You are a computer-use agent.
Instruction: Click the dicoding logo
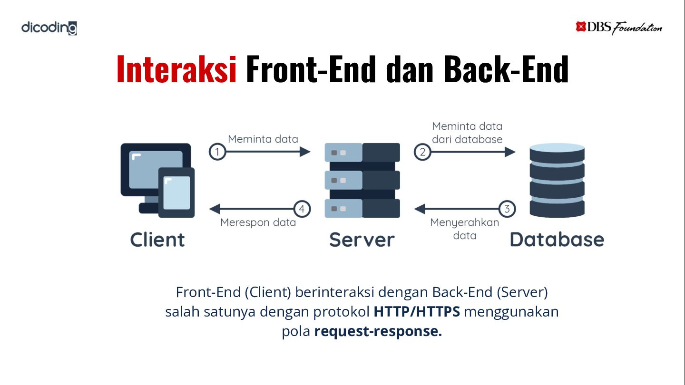tap(49, 28)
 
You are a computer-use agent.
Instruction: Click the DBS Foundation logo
tap(619, 28)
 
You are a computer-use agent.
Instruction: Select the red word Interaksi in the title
tap(177, 69)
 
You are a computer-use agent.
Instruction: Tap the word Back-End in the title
tap(506, 69)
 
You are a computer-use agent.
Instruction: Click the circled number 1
tap(217, 152)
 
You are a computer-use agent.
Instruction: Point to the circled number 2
tap(422, 152)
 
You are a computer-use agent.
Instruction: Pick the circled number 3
tap(507, 209)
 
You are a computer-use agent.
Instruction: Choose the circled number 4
tap(302, 209)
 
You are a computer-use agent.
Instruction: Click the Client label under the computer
tap(157, 240)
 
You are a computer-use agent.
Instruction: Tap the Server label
tap(362, 240)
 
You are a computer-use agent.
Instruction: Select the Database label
tap(557, 240)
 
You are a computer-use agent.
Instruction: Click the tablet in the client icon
tap(176, 192)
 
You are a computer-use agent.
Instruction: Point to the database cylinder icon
tap(557, 180)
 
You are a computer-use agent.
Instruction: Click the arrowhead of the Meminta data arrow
tap(305, 152)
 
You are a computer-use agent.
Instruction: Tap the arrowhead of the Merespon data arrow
tap(215, 209)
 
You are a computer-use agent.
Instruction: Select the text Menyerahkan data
tap(464, 229)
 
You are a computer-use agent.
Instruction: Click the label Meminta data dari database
tap(467, 133)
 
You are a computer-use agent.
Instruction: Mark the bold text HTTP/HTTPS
tap(417, 312)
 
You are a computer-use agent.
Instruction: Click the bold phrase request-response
tap(378, 331)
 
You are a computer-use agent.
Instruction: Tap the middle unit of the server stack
tap(362, 180)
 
